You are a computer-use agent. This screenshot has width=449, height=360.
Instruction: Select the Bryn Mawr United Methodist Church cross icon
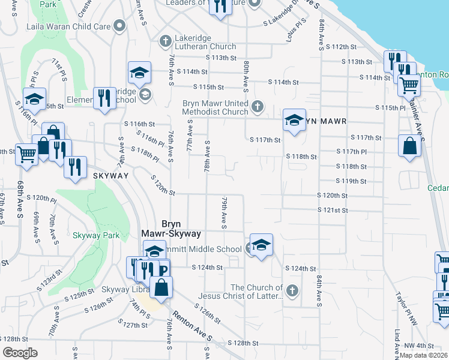pos(258,106)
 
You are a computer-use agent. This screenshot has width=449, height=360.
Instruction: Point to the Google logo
pos(20,353)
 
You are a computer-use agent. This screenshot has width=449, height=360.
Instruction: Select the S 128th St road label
pos(243,343)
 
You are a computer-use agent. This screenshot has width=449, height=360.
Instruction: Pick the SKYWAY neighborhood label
pos(111,175)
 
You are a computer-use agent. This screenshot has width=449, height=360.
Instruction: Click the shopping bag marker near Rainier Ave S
pos(409,146)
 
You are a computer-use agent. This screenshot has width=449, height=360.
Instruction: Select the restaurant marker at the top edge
pos(220,6)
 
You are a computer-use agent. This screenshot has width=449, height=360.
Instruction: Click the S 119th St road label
pos(351,181)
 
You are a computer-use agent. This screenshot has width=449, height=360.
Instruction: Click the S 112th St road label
pos(344,47)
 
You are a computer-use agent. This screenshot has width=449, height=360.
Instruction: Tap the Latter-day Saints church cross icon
pos(292,291)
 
